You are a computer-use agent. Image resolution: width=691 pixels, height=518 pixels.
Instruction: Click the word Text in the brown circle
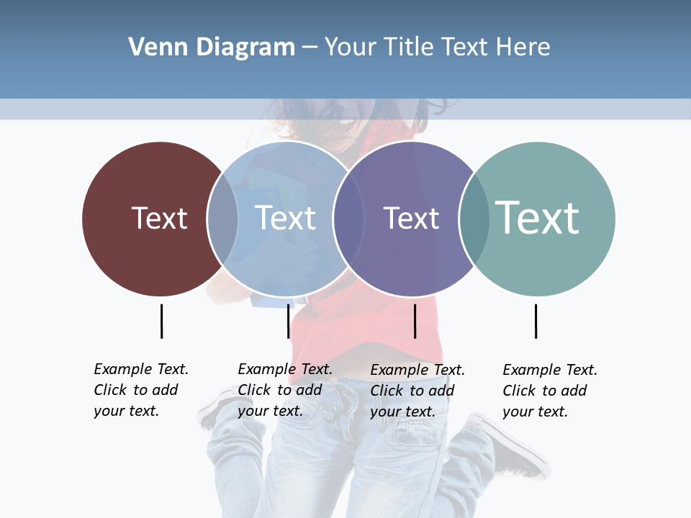159,218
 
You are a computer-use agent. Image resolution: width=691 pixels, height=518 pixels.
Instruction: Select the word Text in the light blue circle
285,218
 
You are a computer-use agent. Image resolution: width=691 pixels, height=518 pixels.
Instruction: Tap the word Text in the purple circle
411,218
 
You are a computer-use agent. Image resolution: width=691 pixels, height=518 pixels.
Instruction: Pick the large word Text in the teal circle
537,217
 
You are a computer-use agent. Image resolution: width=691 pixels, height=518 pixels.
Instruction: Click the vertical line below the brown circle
161,321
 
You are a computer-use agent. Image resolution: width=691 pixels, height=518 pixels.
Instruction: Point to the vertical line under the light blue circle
288,321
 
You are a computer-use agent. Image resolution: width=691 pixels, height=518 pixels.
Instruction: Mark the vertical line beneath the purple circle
415,321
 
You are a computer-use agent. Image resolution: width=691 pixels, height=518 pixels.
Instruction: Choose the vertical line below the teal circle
536,321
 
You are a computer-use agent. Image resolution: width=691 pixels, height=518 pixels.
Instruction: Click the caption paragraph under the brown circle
140,390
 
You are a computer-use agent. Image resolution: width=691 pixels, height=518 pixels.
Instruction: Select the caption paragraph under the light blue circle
284,390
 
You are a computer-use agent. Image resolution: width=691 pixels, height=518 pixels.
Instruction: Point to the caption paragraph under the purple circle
417,391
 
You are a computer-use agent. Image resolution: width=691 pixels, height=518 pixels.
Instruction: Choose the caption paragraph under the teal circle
549,391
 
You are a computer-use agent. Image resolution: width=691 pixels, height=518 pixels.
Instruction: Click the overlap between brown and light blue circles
222,218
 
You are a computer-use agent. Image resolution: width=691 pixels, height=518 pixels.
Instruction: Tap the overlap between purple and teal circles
474,218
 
